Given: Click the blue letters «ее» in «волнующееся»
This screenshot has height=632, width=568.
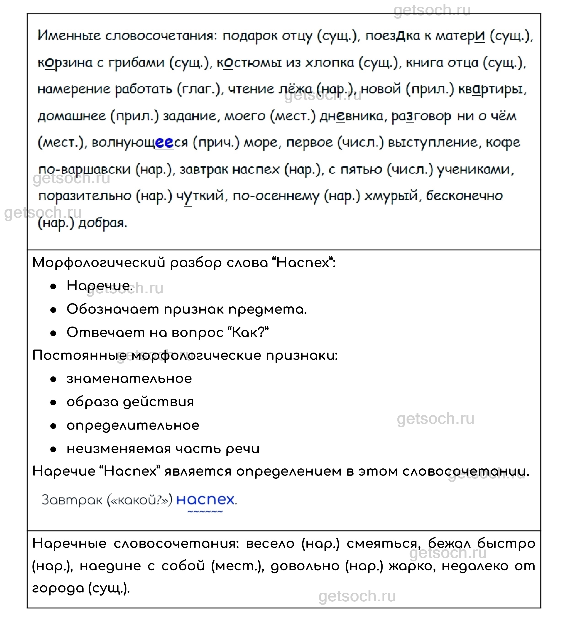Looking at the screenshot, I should pyautogui.click(x=164, y=143).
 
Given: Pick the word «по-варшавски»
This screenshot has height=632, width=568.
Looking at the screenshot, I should pyautogui.click(x=85, y=170).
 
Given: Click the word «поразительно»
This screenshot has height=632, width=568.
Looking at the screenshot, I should pyautogui.click(x=85, y=196).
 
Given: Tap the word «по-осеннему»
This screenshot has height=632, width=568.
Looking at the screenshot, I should pyautogui.click(x=276, y=196).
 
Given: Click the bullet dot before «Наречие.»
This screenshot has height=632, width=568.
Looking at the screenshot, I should pyautogui.click(x=53, y=286).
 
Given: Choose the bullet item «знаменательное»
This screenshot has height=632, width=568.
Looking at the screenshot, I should pyautogui.click(x=129, y=379).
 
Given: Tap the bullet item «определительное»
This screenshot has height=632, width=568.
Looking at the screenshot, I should pyautogui.click(x=133, y=425).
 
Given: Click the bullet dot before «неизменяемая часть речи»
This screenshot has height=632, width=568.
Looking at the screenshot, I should pyautogui.click(x=53, y=449).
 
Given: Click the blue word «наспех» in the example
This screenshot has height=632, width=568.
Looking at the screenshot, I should pyautogui.click(x=205, y=500).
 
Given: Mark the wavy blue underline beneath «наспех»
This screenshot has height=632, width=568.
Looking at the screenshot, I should pyautogui.click(x=205, y=512).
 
